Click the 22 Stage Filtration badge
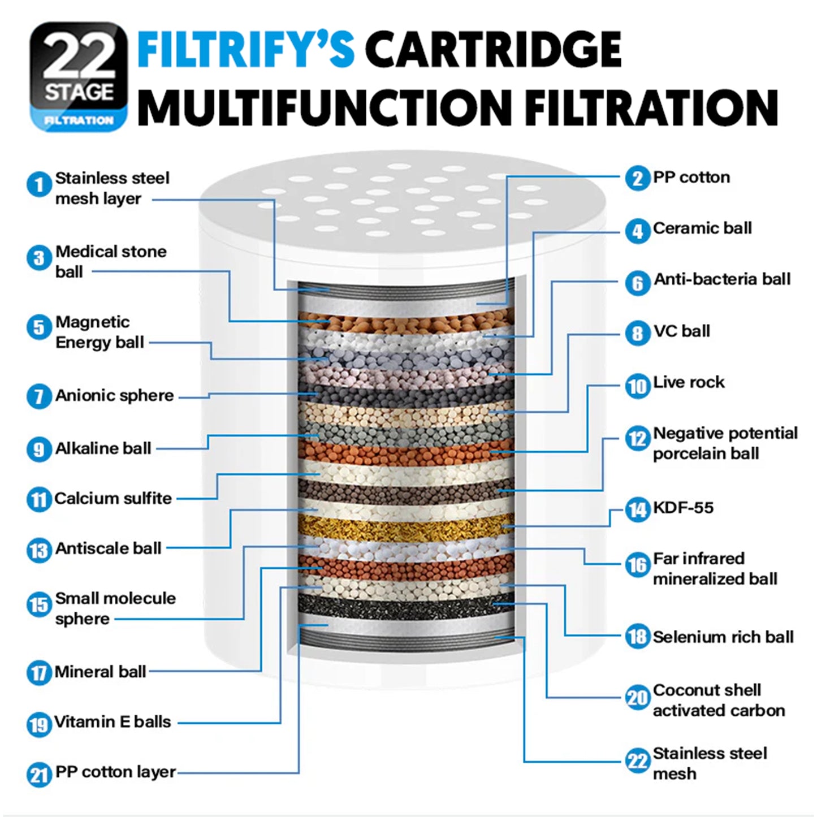(x=78, y=76)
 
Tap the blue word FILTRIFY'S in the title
(x=247, y=50)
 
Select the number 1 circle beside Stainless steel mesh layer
(x=39, y=185)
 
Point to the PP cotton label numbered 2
(x=691, y=178)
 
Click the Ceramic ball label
(x=702, y=228)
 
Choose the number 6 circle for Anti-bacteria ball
(x=637, y=282)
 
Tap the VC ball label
(x=681, y=331)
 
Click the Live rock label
(x=689, y=383)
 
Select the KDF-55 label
(x=683, y=508)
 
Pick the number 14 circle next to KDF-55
(x=637, y=510)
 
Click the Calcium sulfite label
(x=113, y=499)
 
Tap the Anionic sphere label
(x=114, y=396)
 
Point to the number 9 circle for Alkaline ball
(x=39, y=449)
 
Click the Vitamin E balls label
(x=113, y=722)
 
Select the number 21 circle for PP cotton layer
(x=39, y=774)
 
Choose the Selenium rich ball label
(x=723, y=637)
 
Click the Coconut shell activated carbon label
(x=719, y=701)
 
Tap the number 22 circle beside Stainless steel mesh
(x=637, y=761)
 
